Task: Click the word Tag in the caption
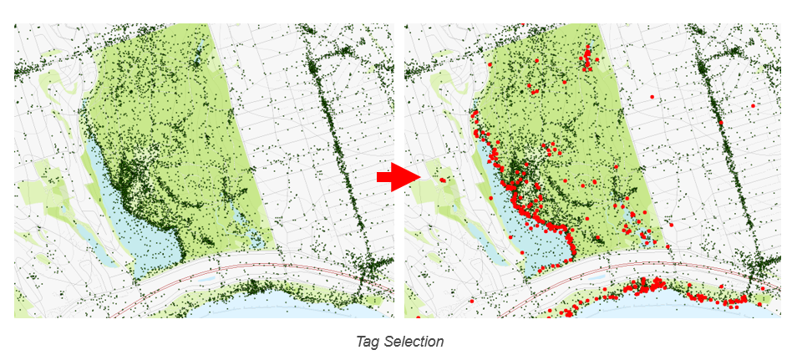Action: [x=367, y=342]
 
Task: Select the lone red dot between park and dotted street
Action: [x=652, y=98]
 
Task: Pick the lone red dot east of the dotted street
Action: [x=754, y=106]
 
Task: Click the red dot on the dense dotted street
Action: [x=721, y=123]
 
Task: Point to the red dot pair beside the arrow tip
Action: [x=442, y=179]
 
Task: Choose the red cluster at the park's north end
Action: [x=586, y=59]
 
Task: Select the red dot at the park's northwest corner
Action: [x=488, y=63]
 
